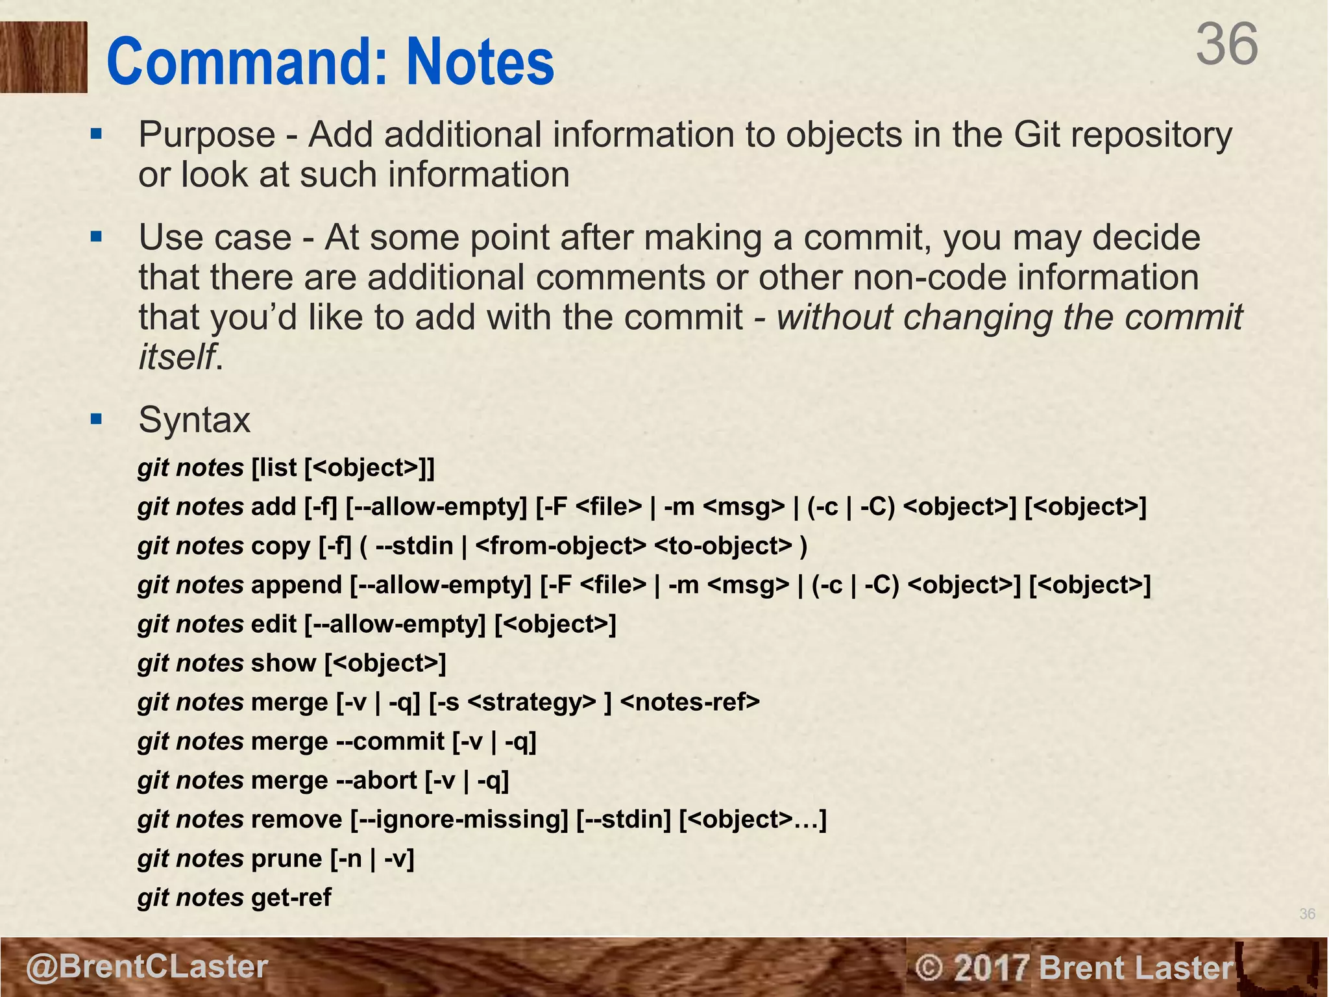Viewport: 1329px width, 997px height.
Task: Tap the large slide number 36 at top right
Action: [1226, 44]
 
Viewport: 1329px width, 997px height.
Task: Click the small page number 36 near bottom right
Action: [1307, 914]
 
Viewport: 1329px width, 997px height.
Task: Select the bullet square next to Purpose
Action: [97, 134]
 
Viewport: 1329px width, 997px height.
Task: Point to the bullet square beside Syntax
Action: [97, 419]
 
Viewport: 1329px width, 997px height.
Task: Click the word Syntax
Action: [194, 420]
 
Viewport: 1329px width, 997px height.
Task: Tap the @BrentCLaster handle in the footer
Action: [147, 966]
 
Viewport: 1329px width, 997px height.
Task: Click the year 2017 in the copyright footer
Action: [992, 968]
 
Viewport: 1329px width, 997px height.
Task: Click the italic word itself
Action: [176, 356]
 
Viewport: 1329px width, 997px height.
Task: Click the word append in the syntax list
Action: [296, 585]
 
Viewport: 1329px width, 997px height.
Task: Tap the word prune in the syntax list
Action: [286, 859]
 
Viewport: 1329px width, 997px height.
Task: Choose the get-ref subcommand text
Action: [291, 898]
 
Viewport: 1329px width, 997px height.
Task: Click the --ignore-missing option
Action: [459, 820]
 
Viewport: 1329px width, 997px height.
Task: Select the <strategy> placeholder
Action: [531, 702]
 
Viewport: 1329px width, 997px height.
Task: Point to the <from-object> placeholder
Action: [561, 546]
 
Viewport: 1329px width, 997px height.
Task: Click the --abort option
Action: [376, 780]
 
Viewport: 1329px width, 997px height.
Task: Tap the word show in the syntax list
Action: [284, 663]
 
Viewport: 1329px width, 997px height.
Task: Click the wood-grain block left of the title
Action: [43, 57]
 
